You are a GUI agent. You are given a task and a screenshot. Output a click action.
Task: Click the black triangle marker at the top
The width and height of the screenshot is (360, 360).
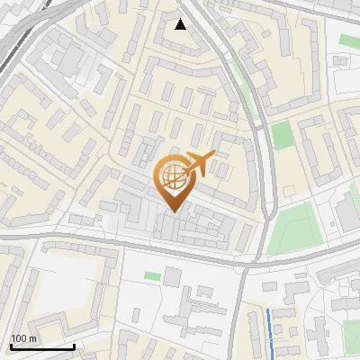point(181,24)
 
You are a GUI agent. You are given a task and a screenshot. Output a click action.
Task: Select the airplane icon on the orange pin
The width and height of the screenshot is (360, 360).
point(197,164)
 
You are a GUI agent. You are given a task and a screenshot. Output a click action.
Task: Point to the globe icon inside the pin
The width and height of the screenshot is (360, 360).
point(171,175)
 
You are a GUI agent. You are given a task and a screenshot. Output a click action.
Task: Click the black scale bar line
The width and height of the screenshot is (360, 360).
point(42,346)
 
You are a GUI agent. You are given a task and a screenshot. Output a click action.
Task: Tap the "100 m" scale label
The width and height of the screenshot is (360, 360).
point(23,338)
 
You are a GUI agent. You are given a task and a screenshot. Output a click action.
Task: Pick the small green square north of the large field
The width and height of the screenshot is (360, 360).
point(283,135)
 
